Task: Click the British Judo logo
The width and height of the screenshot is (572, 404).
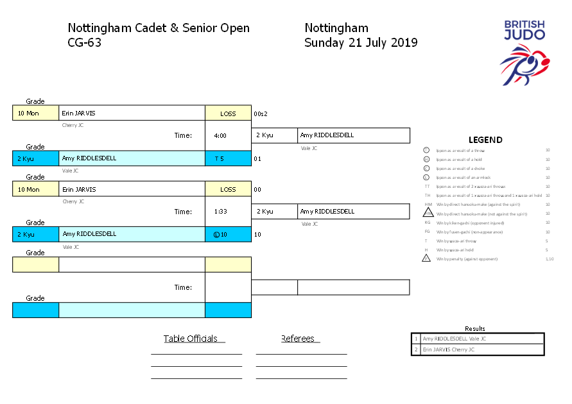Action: coord(524,52)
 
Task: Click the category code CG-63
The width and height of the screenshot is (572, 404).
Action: coord(85,43)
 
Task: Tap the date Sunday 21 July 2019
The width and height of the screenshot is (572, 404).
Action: coord(361,43)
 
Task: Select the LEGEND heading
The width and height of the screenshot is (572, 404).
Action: coord(485,140)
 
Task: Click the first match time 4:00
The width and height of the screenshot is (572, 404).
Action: coord(220,136)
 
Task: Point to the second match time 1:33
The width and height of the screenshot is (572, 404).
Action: coord(220,212)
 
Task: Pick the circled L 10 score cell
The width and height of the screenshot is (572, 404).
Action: coord(220,235)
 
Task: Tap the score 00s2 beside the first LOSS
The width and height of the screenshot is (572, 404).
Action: coord(261,114)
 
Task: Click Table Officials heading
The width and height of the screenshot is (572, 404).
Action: coord(191,339)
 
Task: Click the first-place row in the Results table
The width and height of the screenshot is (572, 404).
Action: coord(478,339)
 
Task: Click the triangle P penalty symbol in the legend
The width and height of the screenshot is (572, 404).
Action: coord(426,258)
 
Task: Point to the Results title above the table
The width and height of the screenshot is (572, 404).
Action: coord(475,328)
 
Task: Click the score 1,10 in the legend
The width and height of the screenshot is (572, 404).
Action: coord(549,259)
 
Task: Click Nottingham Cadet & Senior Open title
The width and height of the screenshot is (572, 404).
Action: coord(159,28)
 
